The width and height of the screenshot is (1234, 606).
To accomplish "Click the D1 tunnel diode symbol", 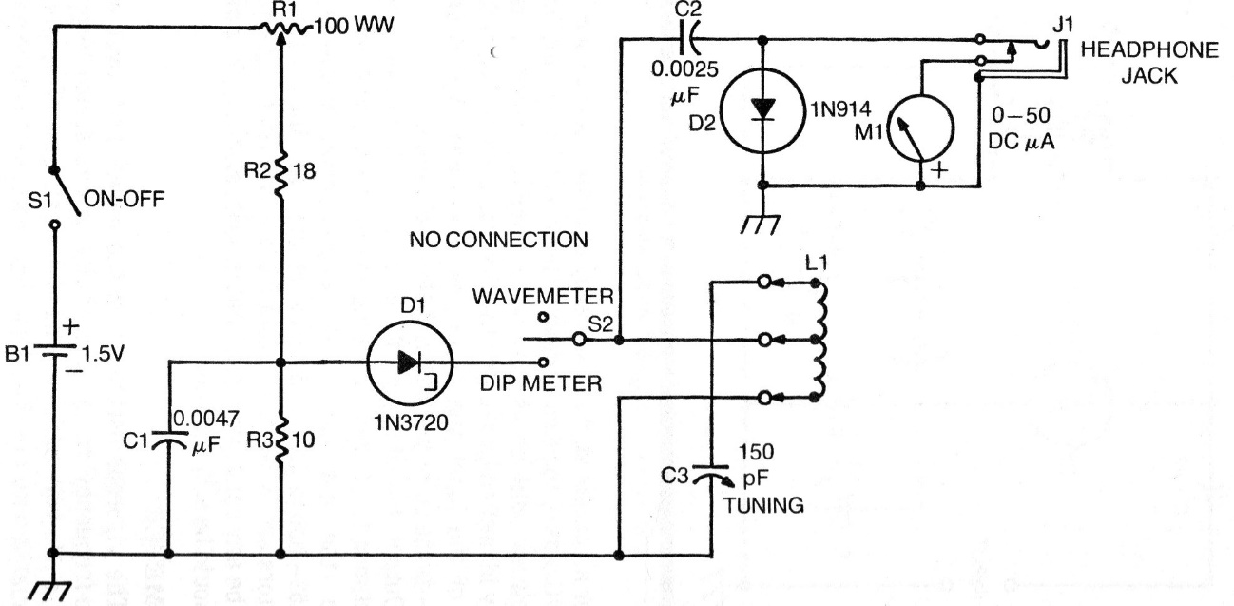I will pos(410,362).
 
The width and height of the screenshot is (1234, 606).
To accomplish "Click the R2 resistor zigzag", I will pos(280,171).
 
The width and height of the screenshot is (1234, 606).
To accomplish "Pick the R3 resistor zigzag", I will pos(280,440).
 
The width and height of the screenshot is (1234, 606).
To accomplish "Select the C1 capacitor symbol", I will pos(167,441).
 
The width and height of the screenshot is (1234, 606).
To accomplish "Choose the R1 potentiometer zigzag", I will pos(284,33).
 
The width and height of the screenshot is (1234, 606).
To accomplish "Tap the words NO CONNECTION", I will pos(498,240).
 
